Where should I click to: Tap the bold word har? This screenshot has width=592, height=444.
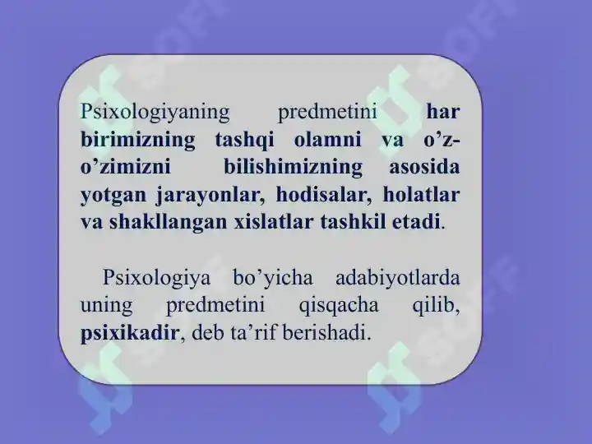[x=443, y=113]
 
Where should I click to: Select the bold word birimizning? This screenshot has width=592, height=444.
[x=138, y=141]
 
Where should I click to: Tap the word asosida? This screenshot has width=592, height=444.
[x=423, y=169]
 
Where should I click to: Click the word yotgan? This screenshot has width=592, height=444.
[x=113, y=196]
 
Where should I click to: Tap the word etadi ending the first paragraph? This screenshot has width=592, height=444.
[x=418, y=223]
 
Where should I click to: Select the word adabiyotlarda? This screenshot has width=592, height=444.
[x=395, y=279]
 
